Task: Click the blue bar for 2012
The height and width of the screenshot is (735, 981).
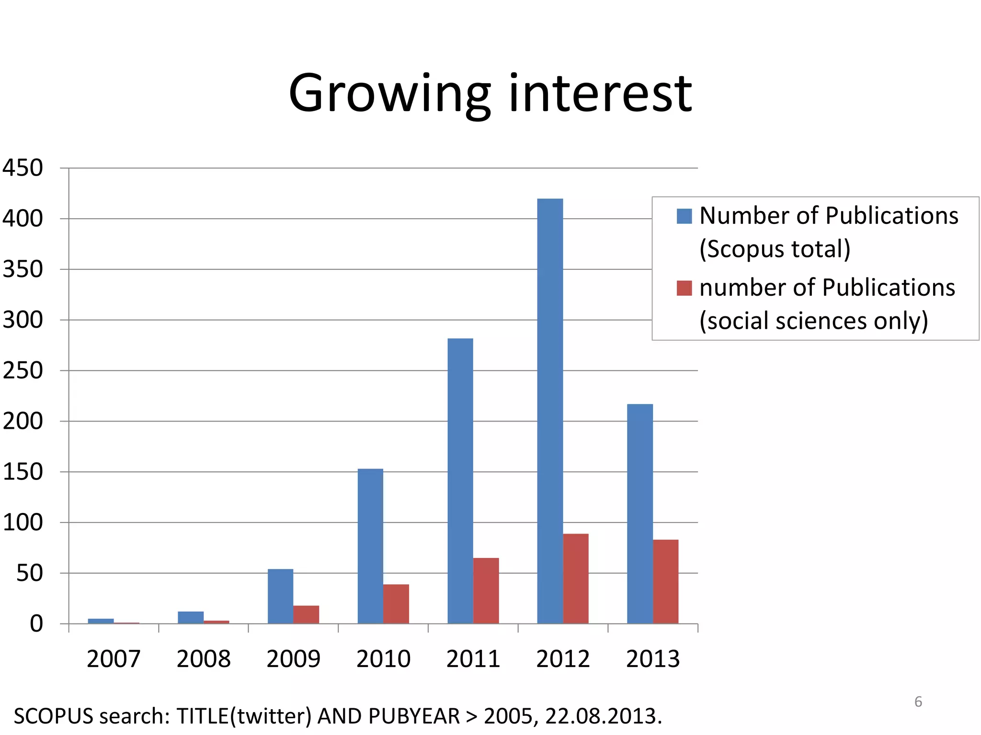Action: click(550, 412)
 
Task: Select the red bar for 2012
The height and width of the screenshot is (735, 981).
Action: click(576, 579)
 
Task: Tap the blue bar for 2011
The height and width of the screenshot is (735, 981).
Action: click(460, 481)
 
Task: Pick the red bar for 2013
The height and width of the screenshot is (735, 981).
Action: click(665, 581)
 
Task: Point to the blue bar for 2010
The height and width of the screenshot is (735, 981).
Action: click(370, 546)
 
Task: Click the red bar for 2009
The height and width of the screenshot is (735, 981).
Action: click(306, 614)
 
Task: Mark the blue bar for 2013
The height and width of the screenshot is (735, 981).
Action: click(640, 514)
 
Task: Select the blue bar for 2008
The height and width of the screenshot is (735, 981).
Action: click(191, 617)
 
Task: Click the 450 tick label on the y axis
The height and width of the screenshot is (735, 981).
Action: click(23, 168)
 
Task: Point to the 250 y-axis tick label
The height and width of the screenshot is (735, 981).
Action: click(23, 371)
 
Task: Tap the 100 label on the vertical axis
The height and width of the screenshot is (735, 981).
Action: click(23, 523)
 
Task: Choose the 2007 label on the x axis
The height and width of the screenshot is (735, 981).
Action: click(114, 659)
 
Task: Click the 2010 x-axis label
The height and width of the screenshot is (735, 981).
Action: click(383, 659)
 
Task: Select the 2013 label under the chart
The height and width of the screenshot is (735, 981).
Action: click(653, 659)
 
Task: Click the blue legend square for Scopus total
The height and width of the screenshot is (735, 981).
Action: click(684, 216)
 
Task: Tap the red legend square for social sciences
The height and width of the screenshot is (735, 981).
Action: click(684, 288)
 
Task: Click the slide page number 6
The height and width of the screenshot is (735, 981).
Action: click(918, 702)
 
